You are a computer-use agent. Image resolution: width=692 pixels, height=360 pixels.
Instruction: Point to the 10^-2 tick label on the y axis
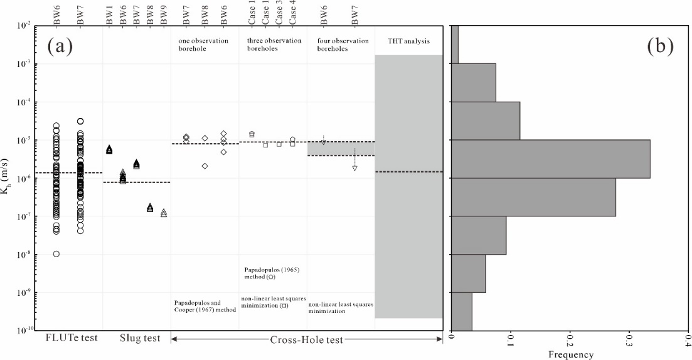pyautogui.click(x=28, y=26)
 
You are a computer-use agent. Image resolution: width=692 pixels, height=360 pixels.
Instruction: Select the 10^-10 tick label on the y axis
pyautogui.click(x=27, y=331)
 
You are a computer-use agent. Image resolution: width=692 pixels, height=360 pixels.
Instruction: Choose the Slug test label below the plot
pyautogui.click(x=140, y=339)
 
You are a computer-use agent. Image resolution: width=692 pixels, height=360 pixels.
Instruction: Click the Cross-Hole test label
pyautogui.click(x=307, y=339)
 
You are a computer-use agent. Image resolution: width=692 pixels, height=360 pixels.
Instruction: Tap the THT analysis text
pyautogui.click(x=408, y=41)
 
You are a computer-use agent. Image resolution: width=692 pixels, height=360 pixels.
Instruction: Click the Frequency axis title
pyautogui.click(x=571, y=355)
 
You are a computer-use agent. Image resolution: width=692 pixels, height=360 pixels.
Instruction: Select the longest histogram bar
pyautogui.click(x=551, y=159)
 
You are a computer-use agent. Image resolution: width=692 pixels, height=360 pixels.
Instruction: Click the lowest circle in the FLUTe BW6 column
pyautogui.click(x=56, y=254)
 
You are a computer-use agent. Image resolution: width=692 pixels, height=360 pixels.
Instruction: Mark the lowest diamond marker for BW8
pyautogui.click(x=205, y=166)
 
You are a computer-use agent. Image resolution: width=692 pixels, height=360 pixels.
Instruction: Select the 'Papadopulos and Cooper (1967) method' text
pyautogui.click(x=203, y=306)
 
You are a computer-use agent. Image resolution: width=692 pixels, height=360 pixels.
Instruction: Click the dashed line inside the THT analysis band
pyautogui.click(x=408, y=172)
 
